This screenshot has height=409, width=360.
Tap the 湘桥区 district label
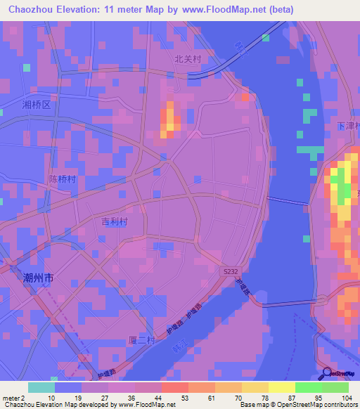37,105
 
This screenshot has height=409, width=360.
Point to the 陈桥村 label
62,179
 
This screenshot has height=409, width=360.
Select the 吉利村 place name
115,221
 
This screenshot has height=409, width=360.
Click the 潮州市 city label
39,278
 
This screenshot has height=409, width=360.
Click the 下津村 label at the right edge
349,126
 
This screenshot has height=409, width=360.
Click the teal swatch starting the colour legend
41,387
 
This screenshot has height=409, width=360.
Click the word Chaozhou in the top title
33,9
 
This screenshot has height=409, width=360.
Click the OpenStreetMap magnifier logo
326,373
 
